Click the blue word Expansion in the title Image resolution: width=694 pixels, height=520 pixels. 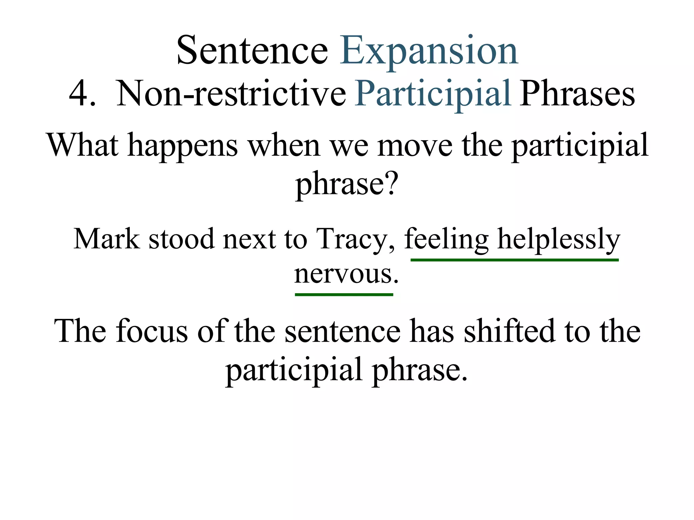pos(429,51)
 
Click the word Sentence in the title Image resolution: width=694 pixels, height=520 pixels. pos(252,51)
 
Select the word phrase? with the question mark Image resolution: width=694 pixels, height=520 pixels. pos(346,185)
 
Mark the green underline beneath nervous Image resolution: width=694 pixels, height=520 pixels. pos(344,295)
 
